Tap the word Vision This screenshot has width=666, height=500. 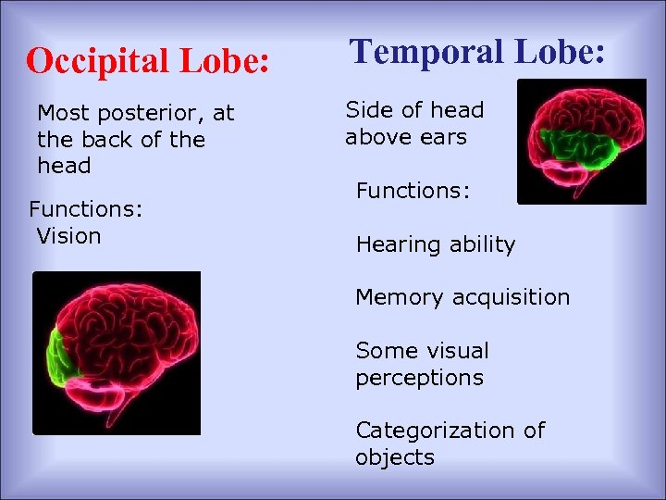coord(68,236)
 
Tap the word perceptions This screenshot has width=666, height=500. coord(419,378)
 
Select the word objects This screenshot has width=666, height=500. coord(394,457)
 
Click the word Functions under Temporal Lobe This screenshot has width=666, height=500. coord(413,192)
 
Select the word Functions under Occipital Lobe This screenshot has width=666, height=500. coord(86,210)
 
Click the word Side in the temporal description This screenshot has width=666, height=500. coord(368,110)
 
